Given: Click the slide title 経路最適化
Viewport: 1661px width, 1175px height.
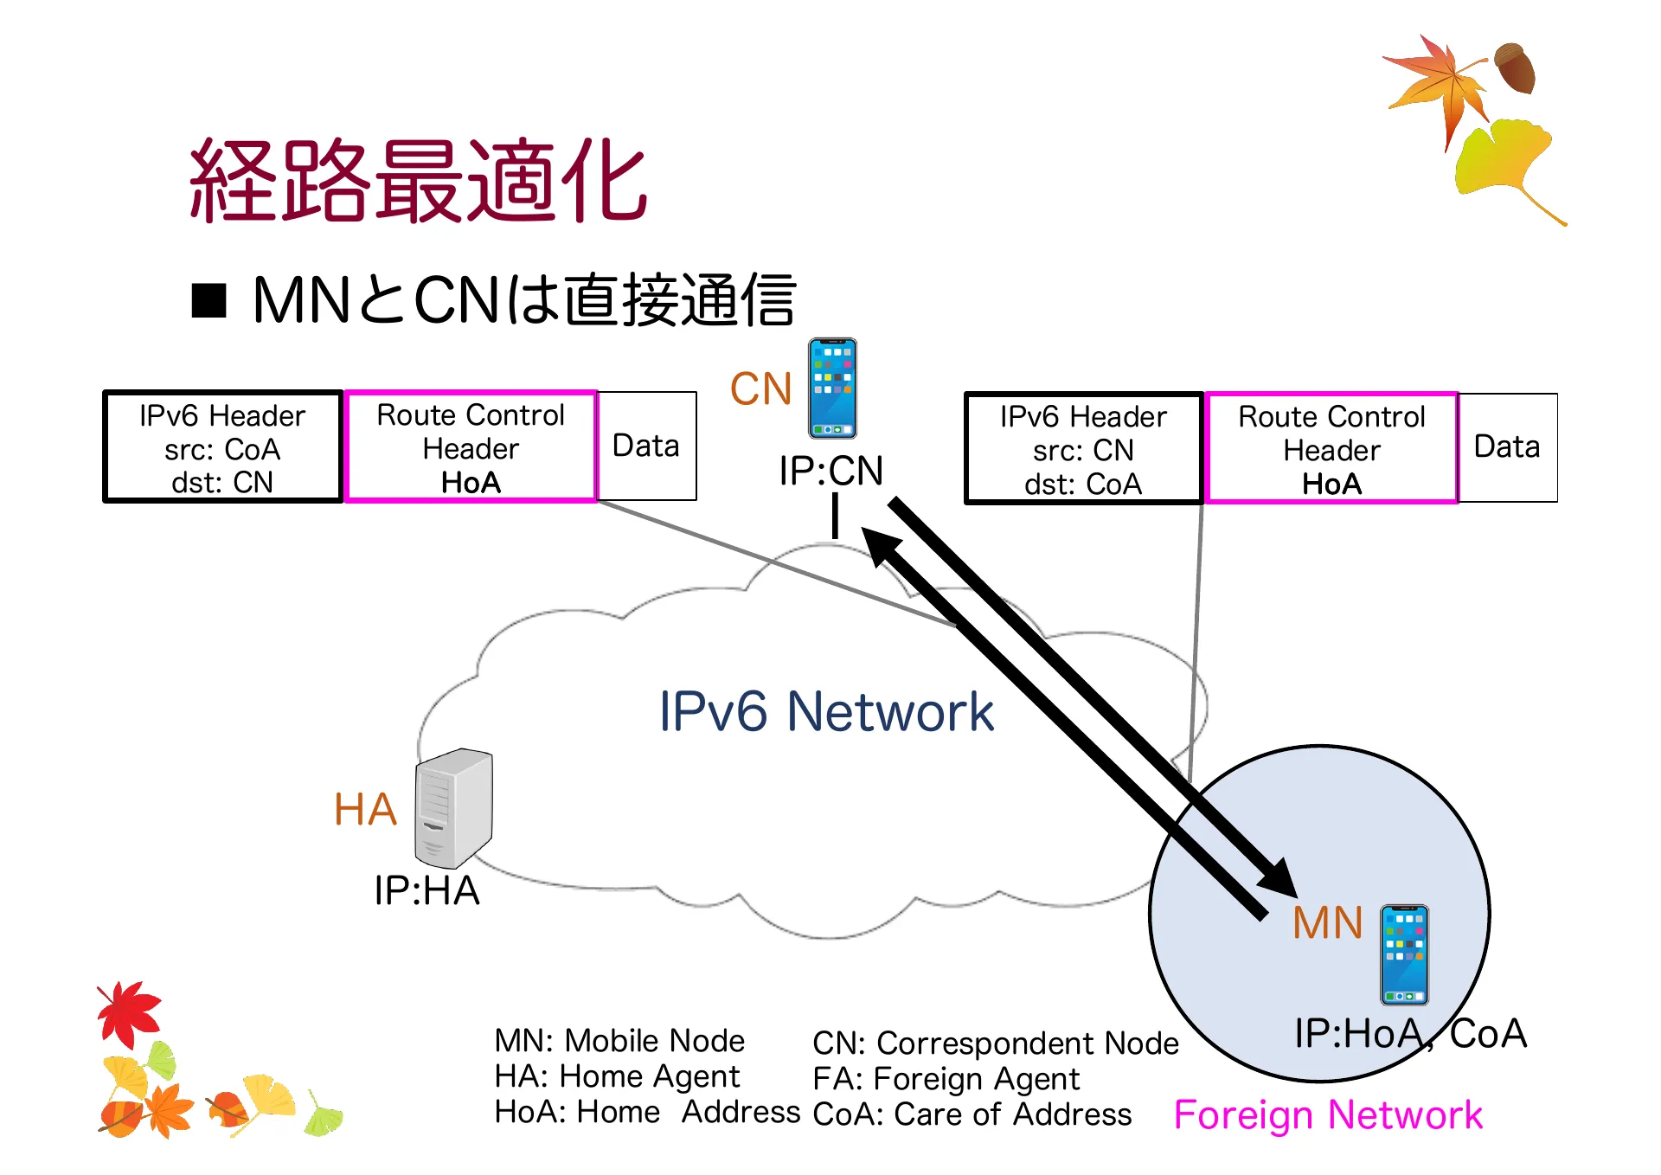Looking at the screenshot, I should [418, 181].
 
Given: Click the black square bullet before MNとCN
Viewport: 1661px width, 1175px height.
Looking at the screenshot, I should [208, 300].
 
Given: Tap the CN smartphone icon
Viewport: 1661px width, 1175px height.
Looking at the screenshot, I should [832, 388].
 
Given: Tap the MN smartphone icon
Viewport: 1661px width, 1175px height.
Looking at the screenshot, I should [1403, 954].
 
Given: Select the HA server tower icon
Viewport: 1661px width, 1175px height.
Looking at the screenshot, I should [454, 808].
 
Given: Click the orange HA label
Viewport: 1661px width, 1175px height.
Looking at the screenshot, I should [365, 810].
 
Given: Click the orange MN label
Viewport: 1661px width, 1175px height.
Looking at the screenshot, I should [1327, 922].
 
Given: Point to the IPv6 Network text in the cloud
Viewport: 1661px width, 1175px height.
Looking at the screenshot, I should [826, 711].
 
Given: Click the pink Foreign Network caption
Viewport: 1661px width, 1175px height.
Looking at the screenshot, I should [1327, 1114].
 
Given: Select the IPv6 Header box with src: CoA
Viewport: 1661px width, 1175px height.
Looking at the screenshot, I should [222, 447].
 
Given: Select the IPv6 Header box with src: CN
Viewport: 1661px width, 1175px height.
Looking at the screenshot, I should [1083, 449].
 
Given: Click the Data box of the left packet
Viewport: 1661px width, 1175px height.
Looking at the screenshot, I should [646, 446].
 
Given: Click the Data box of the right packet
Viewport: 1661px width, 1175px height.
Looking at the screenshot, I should [1507, 446].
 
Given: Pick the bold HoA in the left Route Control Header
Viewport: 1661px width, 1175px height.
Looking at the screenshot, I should [471, 483].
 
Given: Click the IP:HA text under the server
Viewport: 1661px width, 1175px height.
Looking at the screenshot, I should [426, 890].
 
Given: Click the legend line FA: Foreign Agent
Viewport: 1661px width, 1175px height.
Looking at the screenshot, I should [946, 1079].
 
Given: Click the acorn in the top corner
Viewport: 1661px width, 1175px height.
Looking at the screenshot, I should [1515, 67].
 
